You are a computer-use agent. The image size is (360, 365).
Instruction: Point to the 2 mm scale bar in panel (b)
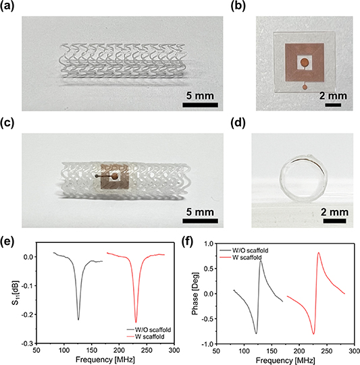[x=336, y=105]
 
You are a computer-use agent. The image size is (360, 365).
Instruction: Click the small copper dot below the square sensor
[x=305, y=86]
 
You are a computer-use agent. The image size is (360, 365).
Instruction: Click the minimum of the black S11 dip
[x=78, y=319]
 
